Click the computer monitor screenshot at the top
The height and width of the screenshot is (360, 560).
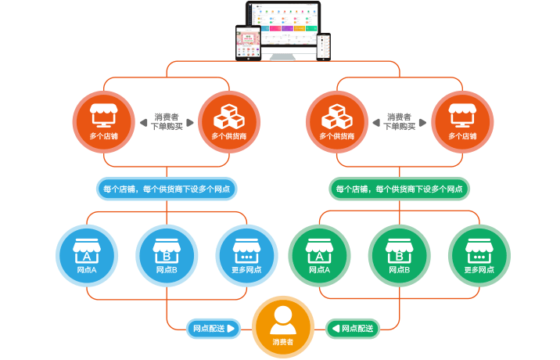(283, 30)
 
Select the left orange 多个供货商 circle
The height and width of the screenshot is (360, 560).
(228, 122)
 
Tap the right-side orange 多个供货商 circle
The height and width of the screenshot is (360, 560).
(337, 122)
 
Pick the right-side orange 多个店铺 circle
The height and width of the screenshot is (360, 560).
(463, 122)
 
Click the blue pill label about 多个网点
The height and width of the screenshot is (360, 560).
(167, 189)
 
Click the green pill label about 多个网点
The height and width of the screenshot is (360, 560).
(399, 189)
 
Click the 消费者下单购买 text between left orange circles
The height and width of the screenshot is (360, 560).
(166, 121)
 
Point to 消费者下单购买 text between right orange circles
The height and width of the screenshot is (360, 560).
(400, 121)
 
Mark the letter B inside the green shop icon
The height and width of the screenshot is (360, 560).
(399, 256)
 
